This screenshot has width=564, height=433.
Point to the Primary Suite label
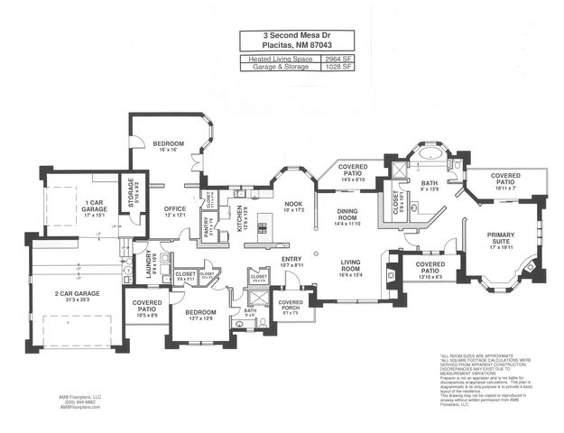[x=500, y=237]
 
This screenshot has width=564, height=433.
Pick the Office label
[x=174, y=212]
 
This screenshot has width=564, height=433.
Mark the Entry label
[x=291, y=262]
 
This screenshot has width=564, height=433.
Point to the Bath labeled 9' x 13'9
[x=429, y=186]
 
